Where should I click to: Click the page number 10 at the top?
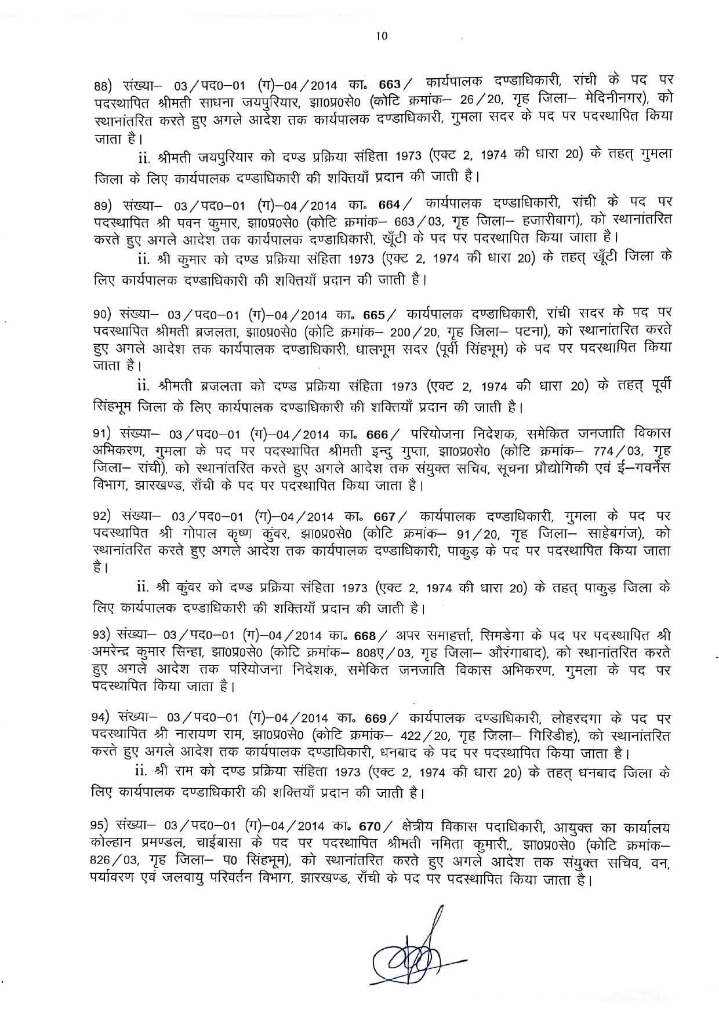pyautogui.click(x=381, y=36)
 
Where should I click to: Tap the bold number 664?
pyautogui.click(x=389, y=204)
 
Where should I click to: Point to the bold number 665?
pyautogui.click(x=374, y=315)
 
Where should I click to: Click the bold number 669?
pyautogui.click(x=376, y=719)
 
